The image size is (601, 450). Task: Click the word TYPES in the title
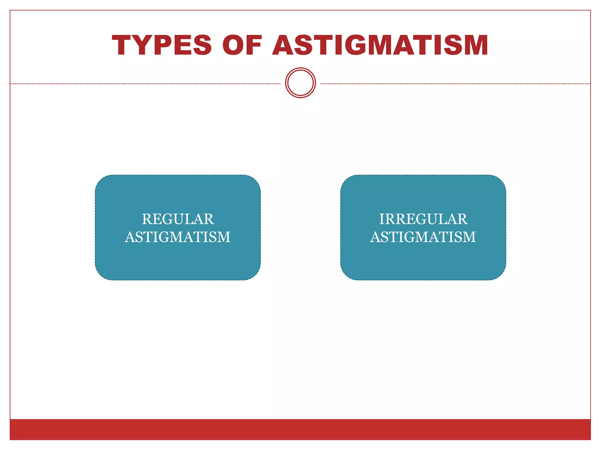tap(162, 45)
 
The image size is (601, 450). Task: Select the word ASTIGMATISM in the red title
tap(380, 45)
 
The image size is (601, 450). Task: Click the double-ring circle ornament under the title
tap(300, 83)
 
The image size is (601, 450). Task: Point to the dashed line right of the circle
tap(455, 84)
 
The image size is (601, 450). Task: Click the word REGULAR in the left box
tap(178, 219)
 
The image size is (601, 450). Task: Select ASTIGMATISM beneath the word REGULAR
tap(178, 237)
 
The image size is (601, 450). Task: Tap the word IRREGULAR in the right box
tap(423, 219)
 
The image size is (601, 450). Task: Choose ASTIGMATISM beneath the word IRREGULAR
tap(423, 237)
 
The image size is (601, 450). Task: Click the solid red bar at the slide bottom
tap(300, 429)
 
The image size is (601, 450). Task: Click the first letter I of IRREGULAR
tap(382, 219)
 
